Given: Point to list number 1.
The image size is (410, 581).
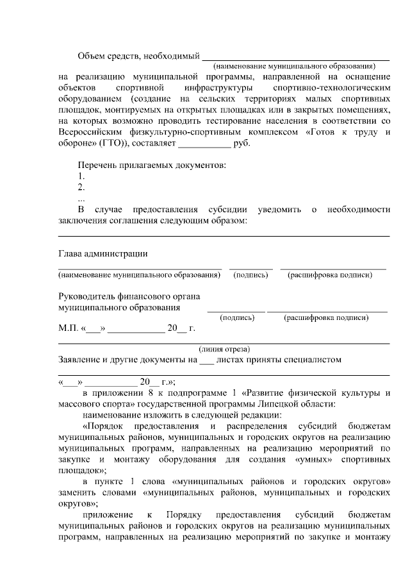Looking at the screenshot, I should coord(81,176).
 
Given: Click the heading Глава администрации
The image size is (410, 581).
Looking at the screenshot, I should coord(102,253).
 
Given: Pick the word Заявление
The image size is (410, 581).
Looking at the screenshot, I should coord(81,360).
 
